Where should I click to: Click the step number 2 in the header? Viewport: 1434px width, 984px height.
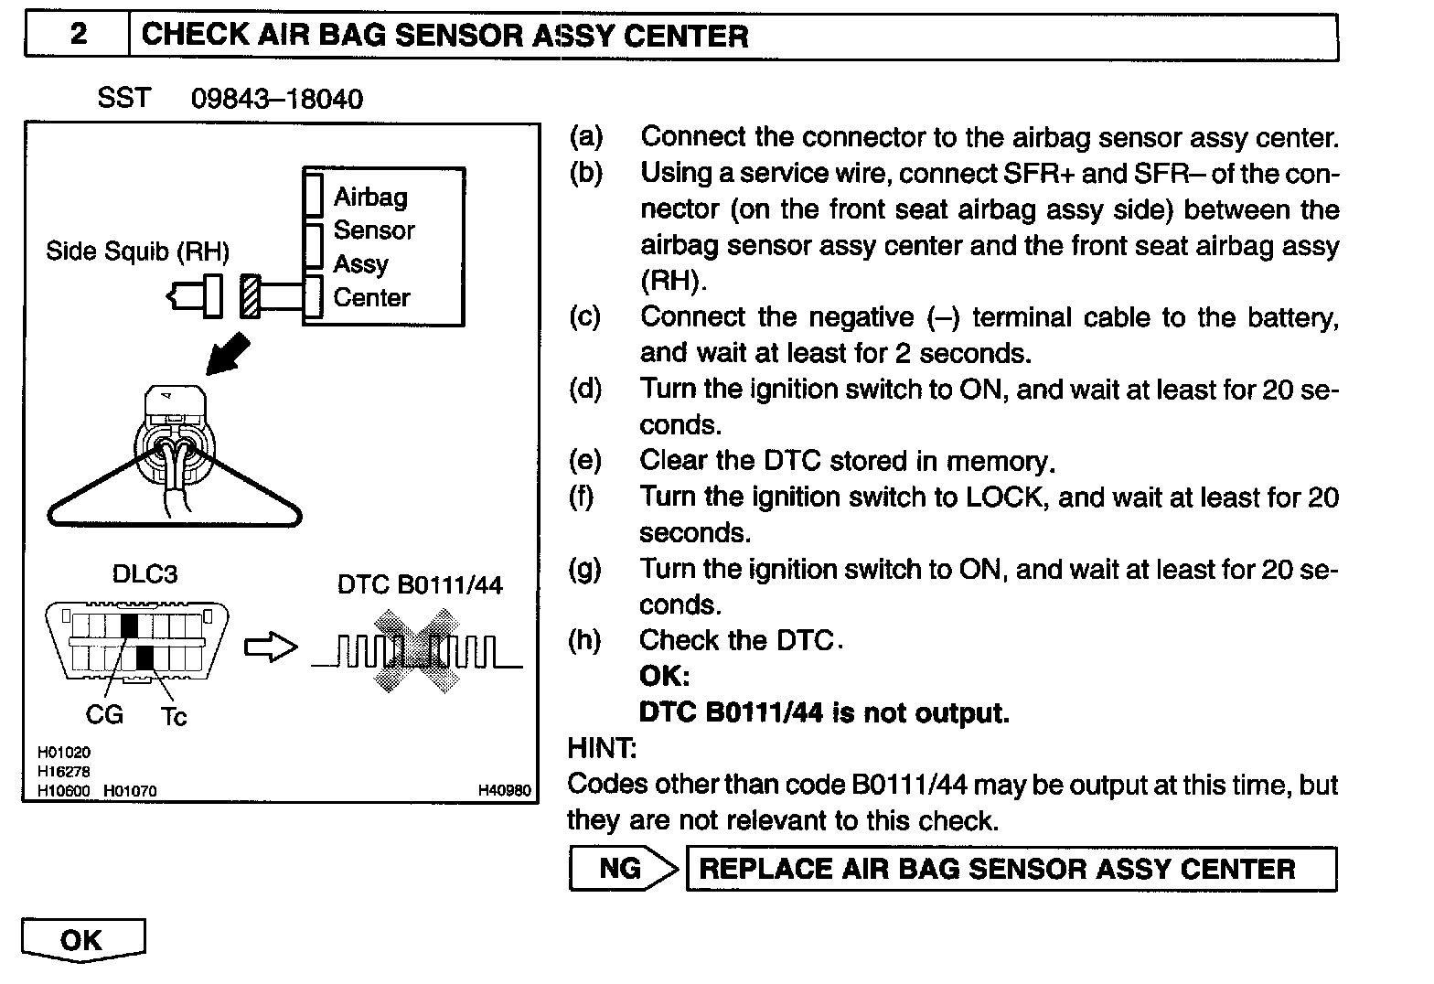pyautogui.click(x=79, y=35)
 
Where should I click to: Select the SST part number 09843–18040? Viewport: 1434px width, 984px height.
pyautogui.click(x=276, y=99)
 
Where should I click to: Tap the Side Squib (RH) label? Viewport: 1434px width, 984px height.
pyautogui.click(x=137, y=251)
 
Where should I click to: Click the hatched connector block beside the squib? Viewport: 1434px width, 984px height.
pyautogui.click(x=250, y=296)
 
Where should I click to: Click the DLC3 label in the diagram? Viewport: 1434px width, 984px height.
pyautogui.click(x=144, y=574)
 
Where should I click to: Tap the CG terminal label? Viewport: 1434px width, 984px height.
pyautogui.click(x=103, y=714)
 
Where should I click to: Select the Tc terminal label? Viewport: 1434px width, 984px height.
pyautogui.click(x=173, y=716)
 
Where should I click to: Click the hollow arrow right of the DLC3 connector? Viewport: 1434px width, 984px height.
pyautogui.click(x=271, y=647)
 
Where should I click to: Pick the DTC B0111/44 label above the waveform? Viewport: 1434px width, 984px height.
pyautogui.click(x=420, y=584)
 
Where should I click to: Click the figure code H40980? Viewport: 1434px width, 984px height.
pyautogui.click(x=504, y=790)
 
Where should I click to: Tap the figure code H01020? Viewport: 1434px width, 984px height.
pyautogui.click(x=64, y=752)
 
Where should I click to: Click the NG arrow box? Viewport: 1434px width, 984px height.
pyautogui.click(x=622, y=868)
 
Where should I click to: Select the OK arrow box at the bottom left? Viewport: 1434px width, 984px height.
pyautogui.click(x=82, y=941)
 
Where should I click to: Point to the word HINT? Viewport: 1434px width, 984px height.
pyautogui.click(x=602, y=749)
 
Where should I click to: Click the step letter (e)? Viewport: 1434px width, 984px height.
pyautogui.click(x=585, y=460)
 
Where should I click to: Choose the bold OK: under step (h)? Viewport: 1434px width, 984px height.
pyautogui.click(x=664, y=677)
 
